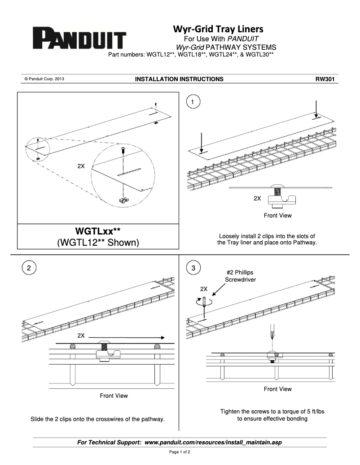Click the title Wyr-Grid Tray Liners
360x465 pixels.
pos(218,29)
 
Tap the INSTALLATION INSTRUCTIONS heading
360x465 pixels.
pos(179,79)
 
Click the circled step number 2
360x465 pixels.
pos(29,269)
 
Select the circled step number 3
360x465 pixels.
pos(193,269)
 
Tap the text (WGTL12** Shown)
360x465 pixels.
pos(98,243)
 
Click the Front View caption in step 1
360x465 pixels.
pos(277,216)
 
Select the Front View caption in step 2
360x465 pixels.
pos(114,396)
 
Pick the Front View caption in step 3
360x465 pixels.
pos(277,389)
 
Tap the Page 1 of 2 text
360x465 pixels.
pos(180,452)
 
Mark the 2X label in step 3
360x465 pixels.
pos(204,288)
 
